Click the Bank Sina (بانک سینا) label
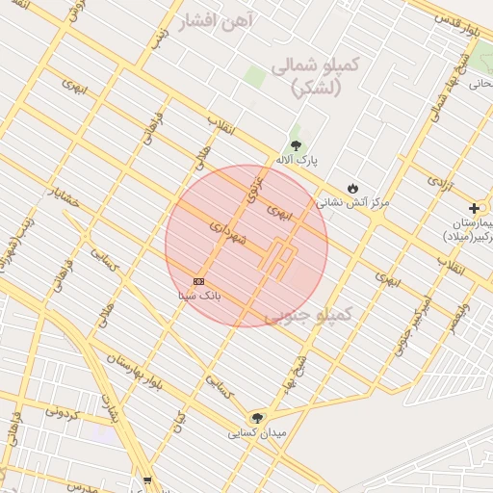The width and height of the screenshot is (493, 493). click(200, 296)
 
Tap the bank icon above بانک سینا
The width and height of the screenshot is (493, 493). click(198, 280)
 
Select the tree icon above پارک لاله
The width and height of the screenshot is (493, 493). click(296, 145)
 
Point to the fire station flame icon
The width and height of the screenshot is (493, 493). click(352, 188)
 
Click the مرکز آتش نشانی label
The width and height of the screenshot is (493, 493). click(353, 203)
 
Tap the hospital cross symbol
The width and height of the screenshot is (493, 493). click(474, 208)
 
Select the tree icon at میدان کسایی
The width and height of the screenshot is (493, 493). click(256, 417)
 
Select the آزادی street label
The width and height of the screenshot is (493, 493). click(439, 181)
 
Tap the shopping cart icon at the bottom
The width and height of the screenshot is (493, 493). click(146, 480)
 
